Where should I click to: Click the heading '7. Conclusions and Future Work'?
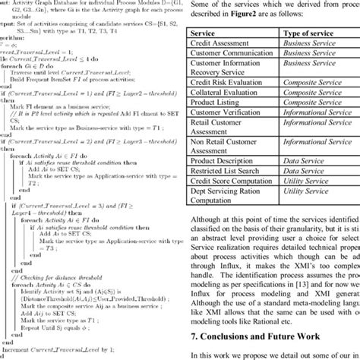pos(258,335)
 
